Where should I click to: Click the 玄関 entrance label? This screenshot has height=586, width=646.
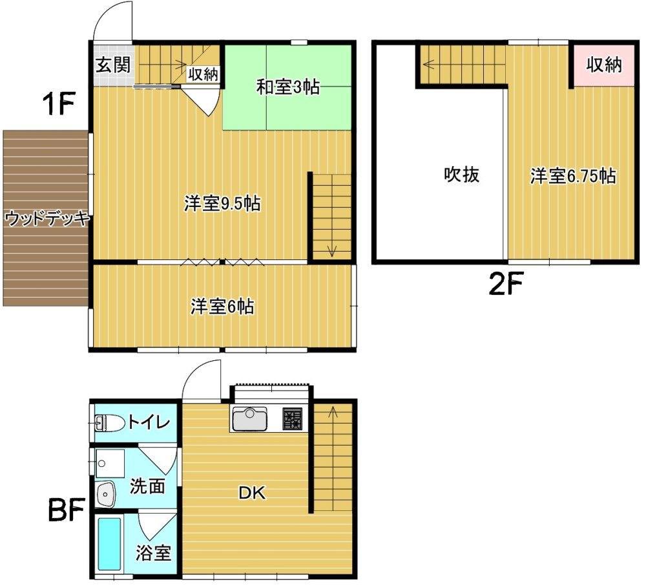tap(113, 65)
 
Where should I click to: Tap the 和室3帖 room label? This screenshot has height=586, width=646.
tap(287, 87)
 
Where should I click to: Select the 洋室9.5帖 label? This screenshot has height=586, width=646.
tap(222, 204)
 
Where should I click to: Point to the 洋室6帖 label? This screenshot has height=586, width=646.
tap(222, 307)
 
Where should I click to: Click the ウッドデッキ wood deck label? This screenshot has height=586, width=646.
tap(47, 218)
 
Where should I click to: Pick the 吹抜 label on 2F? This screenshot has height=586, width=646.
tap(461, 175)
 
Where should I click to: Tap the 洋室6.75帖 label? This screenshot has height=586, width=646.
tap(573, 176)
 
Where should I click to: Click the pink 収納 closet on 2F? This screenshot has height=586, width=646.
tap(604, 65)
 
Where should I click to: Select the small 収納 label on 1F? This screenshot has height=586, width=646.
tap(203, 74)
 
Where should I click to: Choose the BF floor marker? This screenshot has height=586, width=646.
tap(66, 509)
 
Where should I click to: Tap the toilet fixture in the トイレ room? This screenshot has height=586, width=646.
tap(110, 423)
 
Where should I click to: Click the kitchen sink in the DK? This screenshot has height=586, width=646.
tap(249, 419)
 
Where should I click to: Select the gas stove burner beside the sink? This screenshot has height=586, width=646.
tap(293, 419)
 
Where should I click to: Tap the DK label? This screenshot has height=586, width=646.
tap(252, 493)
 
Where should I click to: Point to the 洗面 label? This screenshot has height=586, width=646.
tap(147, 486)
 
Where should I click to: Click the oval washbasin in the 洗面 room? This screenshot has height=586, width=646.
tap(106, 494)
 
